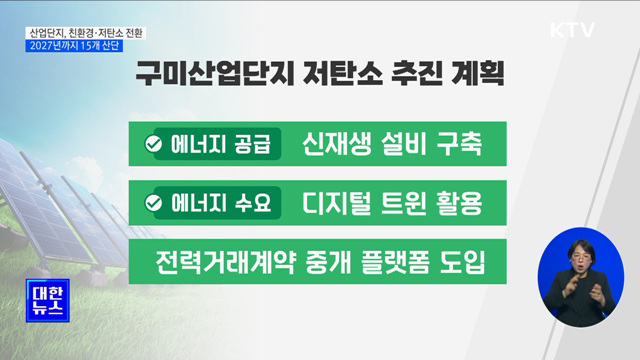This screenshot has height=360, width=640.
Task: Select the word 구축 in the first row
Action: pos(458,145)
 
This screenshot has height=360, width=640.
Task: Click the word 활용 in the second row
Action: pos(458,203)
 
